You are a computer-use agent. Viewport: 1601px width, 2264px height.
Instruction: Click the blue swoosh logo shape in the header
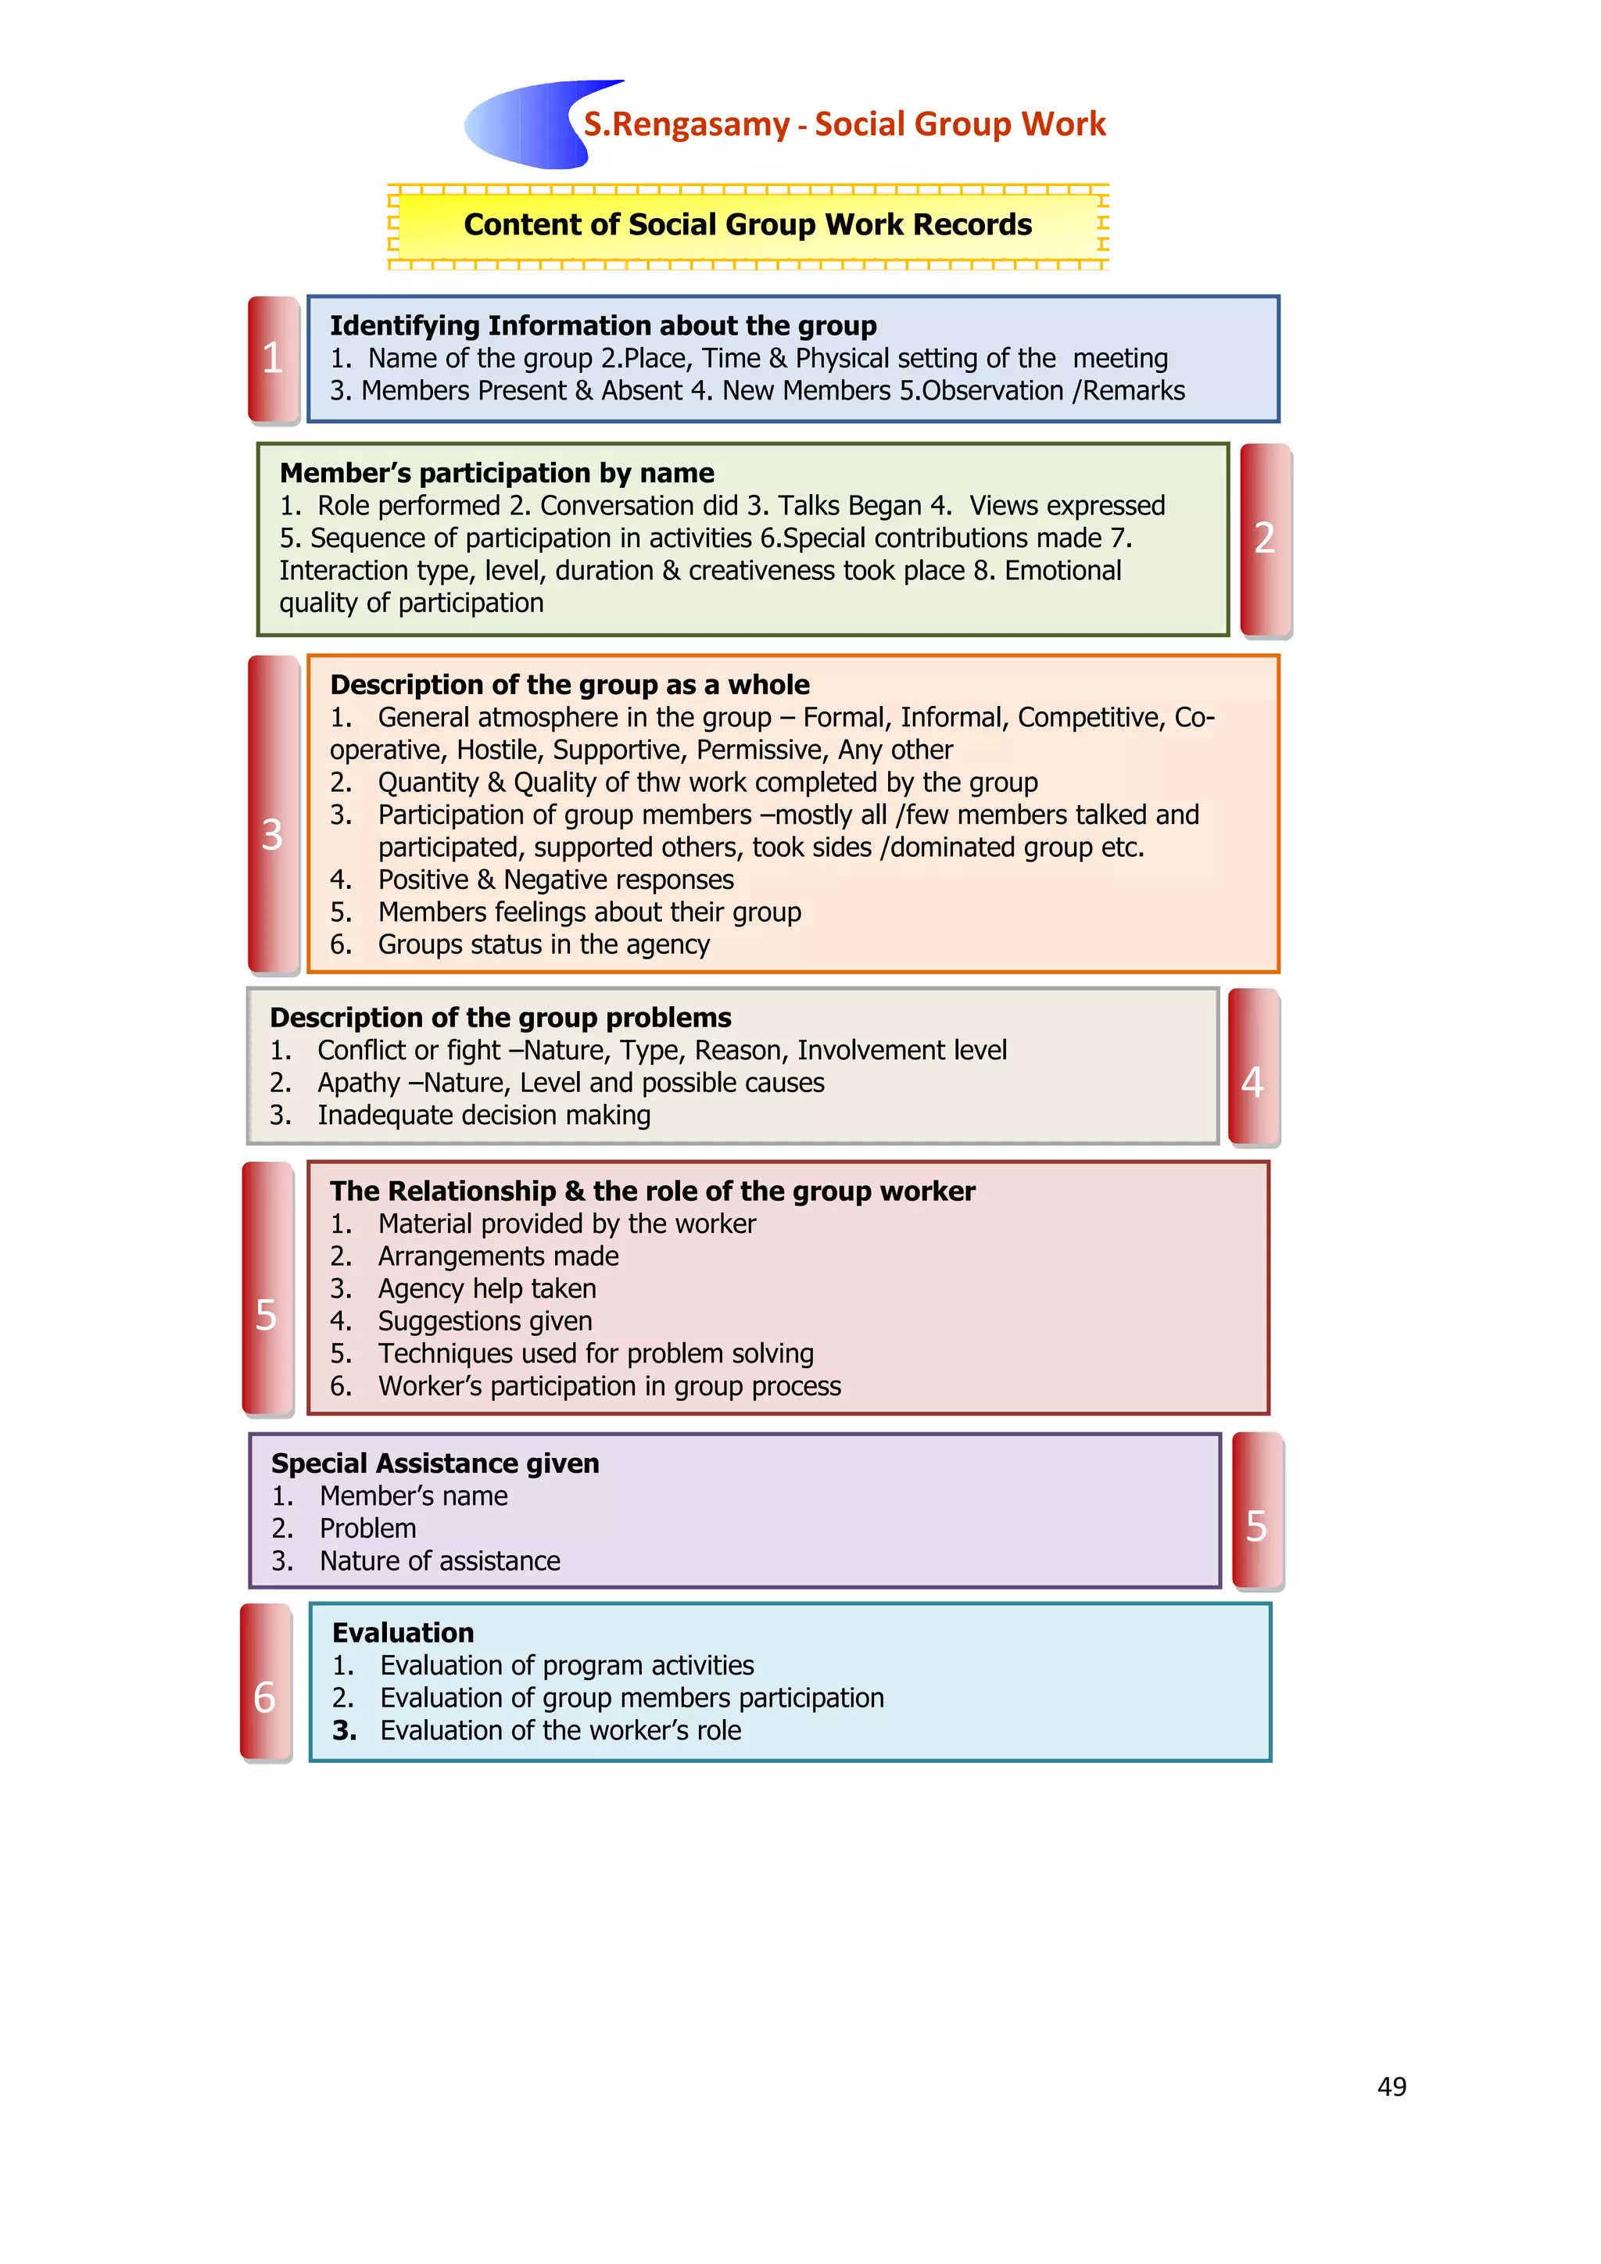522,125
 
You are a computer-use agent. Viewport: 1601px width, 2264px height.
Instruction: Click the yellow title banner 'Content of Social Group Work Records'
747,226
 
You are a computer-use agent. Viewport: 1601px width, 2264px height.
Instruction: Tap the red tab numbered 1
273,358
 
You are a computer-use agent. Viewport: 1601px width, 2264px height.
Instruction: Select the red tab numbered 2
1265,539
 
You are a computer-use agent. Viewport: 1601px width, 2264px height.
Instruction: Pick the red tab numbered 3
272,814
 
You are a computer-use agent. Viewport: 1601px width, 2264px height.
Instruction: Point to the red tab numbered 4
1253,1067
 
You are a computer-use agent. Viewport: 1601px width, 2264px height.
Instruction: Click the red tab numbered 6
265,1682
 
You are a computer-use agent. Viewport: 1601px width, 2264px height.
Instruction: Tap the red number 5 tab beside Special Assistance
1257,1510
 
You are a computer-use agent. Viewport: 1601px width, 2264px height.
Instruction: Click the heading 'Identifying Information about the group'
603,325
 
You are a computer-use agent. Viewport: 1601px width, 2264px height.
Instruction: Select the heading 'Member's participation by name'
497,473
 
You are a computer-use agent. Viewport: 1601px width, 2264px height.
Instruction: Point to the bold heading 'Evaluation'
403,1633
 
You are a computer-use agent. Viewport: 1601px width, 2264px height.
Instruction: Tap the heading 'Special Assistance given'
435,1463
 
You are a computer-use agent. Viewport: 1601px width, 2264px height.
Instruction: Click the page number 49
1391,2087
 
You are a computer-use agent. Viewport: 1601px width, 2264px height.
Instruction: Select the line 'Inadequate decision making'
483,1116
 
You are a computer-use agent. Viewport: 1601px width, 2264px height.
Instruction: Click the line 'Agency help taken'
487,1289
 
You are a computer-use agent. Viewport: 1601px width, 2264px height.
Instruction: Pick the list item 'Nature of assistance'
439,1561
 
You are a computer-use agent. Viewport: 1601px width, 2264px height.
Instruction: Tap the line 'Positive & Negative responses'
556,879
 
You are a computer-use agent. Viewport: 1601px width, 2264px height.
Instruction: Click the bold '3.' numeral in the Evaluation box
344,1731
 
